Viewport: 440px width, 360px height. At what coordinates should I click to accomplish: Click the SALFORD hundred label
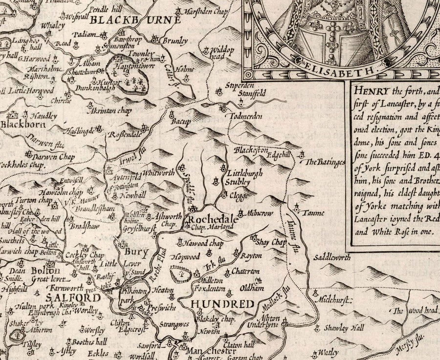73,297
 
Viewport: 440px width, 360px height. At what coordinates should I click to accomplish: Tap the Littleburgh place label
248,173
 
